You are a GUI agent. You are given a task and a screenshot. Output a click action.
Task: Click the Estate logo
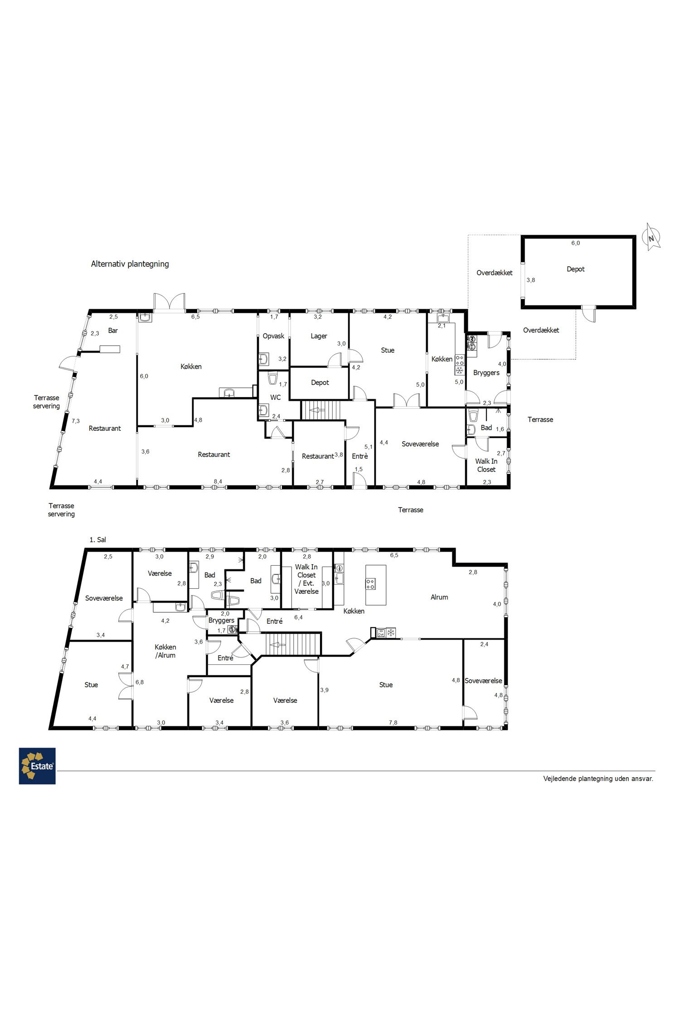click(x=37, y=766)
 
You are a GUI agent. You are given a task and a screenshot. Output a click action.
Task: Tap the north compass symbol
click(x=652, y=237)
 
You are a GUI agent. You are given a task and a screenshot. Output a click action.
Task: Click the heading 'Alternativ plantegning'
click(x=130, y=264)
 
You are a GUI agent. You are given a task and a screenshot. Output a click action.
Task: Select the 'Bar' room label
click(x=113, y=331)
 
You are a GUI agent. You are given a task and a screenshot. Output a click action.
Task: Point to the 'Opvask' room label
click(x=274, y=336)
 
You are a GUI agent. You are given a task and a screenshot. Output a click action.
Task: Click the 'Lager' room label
click(x=319, y=336)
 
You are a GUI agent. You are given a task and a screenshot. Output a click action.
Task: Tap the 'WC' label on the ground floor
click(x=276, y=397)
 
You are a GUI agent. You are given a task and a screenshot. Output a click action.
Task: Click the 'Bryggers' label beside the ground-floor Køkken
click(x=486, y=373)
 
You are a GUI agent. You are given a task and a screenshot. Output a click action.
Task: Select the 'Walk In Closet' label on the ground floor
click(x=486, y=466)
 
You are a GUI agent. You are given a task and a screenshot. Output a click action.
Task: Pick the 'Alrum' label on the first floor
click(x=439, y=597)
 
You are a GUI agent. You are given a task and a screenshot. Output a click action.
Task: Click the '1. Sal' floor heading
click(x=98, y=540)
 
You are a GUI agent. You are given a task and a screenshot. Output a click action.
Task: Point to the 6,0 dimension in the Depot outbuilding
click(x=575, y=243)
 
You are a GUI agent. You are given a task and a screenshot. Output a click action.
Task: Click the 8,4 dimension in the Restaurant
click(x=218, y=481)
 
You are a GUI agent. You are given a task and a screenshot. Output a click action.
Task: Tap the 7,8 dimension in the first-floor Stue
click(x=393, y=722)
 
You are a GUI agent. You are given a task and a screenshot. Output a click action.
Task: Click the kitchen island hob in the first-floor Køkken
click(x=371, y=584)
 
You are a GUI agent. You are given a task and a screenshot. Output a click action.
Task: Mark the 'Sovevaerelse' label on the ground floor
click(x=420, y=444)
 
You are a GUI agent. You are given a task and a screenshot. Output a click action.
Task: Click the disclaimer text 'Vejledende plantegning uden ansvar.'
click(x=598, y=779)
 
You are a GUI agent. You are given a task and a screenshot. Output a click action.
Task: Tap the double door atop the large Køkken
click(x=169, y=302)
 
